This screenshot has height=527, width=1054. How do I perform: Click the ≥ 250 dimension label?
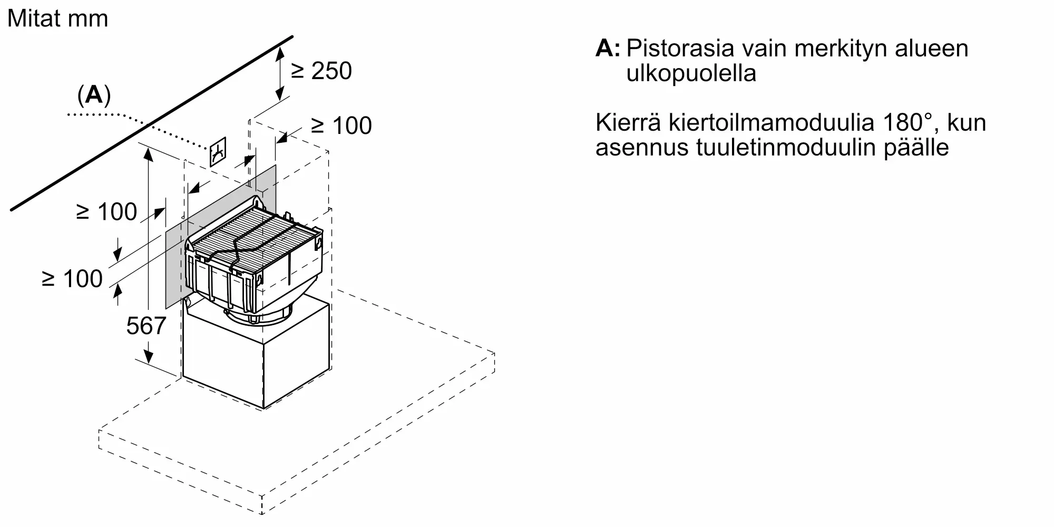click(321, 71)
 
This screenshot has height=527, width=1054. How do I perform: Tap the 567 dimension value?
click(146, 326)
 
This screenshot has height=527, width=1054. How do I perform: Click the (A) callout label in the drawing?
click(94, 95)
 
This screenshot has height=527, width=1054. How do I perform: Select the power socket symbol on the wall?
click(218, 152)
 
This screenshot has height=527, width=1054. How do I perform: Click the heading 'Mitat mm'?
click(57, 19)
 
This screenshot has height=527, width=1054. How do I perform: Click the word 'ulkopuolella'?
click(691, 73)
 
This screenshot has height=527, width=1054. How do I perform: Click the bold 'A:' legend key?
click(608, 48)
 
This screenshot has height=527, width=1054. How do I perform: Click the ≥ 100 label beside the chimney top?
click(341, 126)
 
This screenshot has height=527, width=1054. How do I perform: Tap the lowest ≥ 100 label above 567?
click(72, 279)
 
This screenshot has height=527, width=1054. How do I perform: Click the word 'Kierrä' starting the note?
click(628, 123)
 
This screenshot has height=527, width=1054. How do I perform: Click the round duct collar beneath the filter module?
click(261, 316)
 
